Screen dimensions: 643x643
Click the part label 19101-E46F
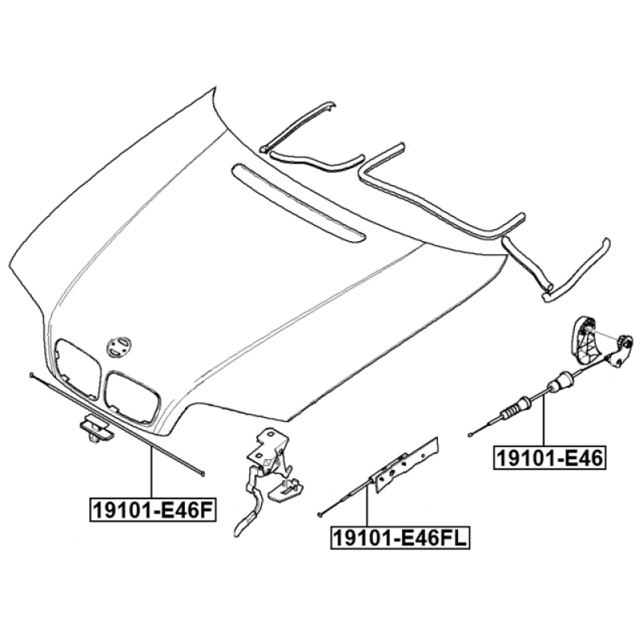153,509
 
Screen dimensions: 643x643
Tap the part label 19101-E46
549,457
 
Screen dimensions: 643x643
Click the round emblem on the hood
119,347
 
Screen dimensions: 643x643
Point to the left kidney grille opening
78,369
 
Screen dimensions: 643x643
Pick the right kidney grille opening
132,396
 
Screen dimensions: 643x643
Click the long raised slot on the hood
298,201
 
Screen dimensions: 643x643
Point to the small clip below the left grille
96,429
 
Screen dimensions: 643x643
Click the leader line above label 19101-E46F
152,473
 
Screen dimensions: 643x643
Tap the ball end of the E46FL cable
319,514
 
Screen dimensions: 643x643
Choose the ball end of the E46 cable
470,435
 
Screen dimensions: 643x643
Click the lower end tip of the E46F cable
203,474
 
